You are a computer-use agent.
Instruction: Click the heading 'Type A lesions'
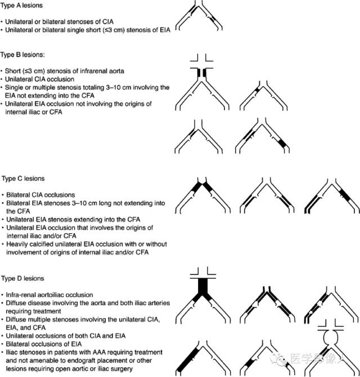coord(21,5)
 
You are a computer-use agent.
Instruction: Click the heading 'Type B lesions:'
coord(22,55)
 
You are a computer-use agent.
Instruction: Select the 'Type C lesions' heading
coord(23,179)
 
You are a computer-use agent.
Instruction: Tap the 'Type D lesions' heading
coord(22,279)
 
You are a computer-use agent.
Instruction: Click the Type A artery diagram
coord(199,15)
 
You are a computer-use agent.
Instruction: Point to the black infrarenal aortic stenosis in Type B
coord(202,73)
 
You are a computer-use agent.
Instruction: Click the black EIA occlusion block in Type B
coord(282,143)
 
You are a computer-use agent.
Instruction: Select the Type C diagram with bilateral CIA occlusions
coord(203,195)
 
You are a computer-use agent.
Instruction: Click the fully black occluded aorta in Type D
coord(202,287)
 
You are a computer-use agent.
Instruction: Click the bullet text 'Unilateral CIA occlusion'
coord(39,79)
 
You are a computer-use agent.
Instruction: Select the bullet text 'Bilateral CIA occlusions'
coord(40,195)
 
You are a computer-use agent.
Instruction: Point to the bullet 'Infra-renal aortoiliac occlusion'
coord(49,295)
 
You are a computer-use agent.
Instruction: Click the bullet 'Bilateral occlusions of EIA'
coord(43,344)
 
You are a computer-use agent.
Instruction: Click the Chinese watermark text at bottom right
coord(318,359)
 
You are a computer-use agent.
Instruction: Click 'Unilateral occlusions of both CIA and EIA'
coord(66,335)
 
